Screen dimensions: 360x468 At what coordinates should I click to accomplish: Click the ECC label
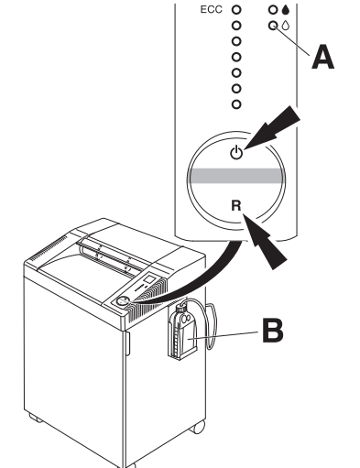211,10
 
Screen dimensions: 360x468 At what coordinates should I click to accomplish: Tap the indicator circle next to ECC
236,10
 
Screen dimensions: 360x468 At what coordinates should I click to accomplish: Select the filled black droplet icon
285,10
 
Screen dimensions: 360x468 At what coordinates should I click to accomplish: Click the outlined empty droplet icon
285,26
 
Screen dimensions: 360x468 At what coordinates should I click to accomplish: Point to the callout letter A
322,57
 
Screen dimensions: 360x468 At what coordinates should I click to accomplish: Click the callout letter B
273,331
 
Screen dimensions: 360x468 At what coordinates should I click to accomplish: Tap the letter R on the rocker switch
236,205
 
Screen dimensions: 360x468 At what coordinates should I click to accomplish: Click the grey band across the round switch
236,176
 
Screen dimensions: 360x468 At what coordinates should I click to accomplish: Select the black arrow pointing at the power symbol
272,129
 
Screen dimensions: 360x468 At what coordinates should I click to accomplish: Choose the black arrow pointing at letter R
264,241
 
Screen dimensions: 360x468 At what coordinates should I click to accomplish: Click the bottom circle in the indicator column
236,104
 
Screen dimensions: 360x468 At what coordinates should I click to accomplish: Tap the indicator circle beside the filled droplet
273,10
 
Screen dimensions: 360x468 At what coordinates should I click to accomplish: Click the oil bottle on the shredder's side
182,332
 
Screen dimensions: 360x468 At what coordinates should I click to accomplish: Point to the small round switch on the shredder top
123,300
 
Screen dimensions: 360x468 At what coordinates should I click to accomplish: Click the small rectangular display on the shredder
149,279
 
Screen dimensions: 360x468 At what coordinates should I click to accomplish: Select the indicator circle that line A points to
273,26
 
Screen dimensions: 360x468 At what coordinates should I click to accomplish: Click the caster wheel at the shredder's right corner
198,427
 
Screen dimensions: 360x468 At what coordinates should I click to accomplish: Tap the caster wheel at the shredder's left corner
36,418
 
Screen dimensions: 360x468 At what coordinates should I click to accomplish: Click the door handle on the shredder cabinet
127,343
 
